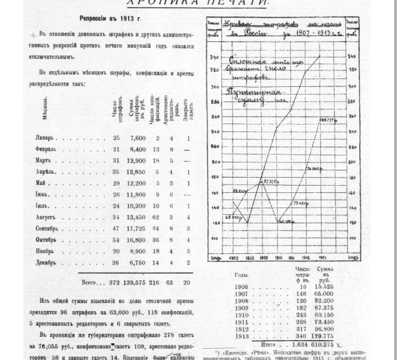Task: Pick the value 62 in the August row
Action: point(156,216)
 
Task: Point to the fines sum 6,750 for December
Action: point(135,262)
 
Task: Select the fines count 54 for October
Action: point(116,239)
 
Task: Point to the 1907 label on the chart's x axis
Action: point(234,257)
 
